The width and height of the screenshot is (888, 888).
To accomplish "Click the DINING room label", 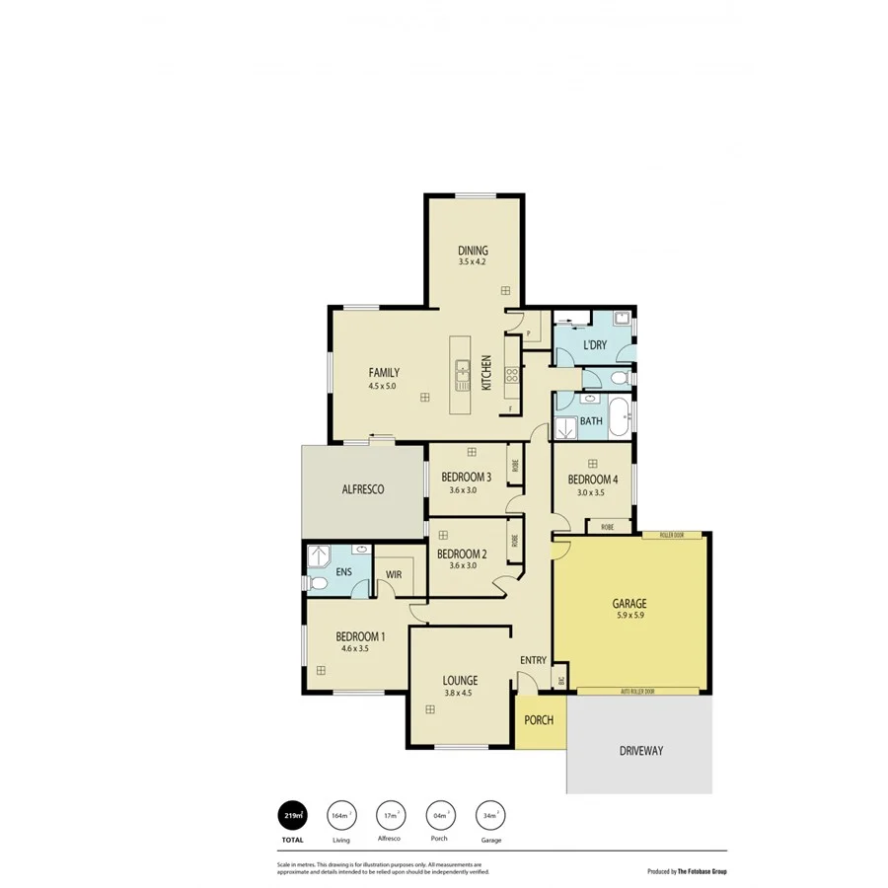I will click(473, 251).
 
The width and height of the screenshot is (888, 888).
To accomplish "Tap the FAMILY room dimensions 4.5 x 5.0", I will click(383, 386).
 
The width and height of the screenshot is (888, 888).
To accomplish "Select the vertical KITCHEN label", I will click(486, 373).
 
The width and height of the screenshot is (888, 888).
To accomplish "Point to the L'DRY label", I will click(595, 345).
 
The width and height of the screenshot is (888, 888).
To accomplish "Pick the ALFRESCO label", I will click(362, 488).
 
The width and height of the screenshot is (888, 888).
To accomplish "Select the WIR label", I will click(393, 573).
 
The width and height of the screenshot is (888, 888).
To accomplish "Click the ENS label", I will click(344, 571).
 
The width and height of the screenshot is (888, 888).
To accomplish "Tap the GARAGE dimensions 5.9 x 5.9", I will click(629, 615).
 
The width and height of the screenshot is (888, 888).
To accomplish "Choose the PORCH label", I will click(539, 720).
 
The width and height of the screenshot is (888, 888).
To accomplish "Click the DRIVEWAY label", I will click(641, 751).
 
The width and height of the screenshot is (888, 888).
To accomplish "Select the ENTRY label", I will click(533, 660).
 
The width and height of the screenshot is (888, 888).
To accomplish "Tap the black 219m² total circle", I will click(292, 816).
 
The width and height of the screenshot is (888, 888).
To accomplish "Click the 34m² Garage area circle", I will click(490, 816).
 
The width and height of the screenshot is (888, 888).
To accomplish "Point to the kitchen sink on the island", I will click(461, 372).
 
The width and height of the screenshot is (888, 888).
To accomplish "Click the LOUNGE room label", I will click(460, 680).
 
